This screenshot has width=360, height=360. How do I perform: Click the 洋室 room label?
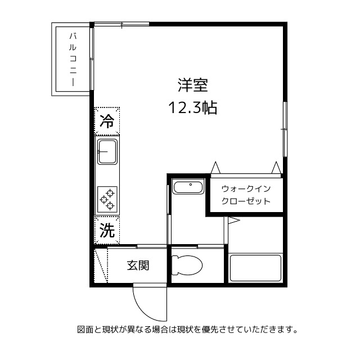point(193,85)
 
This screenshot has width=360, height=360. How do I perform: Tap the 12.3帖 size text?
point(193,107)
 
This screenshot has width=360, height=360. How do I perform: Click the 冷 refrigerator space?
point(107,121)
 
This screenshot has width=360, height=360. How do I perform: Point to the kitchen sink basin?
point(107,151)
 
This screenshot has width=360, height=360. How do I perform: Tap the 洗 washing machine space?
point(107,229)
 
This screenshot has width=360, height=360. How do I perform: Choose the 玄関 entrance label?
point(137,265)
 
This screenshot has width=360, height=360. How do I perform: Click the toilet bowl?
point(188,264)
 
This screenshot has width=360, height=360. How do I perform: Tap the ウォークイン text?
point(246,188)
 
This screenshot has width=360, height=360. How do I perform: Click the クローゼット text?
point(246,201)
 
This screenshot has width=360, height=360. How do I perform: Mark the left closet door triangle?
point(215,168)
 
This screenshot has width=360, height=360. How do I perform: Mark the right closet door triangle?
point(276,167)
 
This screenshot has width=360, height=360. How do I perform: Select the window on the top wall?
point(121,24)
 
